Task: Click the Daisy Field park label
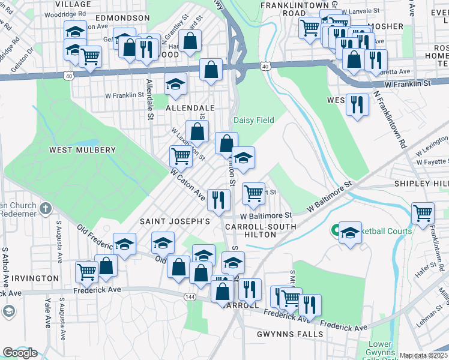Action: [253, 120]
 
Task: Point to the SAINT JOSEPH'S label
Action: [175, 221]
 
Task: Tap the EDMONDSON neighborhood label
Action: [122, 18]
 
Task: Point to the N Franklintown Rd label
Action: [390, 117]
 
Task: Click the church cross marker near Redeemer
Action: [46, 208]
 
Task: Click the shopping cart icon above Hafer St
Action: [423, 212]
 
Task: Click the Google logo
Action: [20, 353]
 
